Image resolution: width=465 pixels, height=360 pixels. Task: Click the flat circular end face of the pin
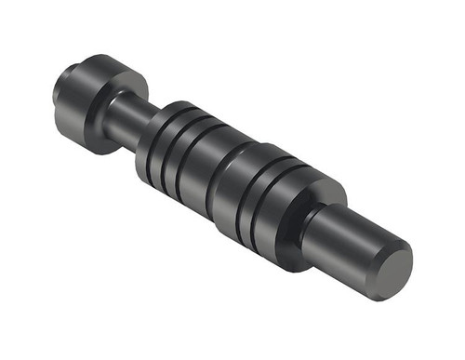point(394,267)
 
